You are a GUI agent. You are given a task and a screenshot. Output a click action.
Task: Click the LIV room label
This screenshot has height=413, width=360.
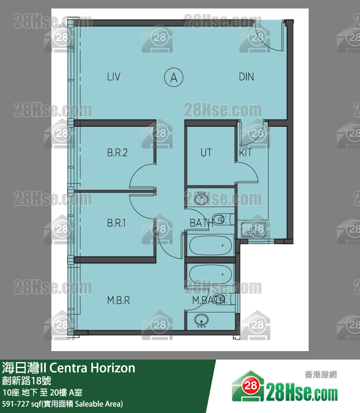[x=114, y=77]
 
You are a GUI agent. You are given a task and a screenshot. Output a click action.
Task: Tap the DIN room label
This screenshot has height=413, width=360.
[x=246, y=77]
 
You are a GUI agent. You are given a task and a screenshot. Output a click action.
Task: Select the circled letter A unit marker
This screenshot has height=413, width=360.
[x=174, y=78]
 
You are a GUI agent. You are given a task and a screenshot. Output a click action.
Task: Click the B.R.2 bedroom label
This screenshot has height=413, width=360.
[x=117, y=153]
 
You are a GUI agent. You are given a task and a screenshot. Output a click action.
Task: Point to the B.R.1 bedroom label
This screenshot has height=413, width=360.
[x=116, y=223]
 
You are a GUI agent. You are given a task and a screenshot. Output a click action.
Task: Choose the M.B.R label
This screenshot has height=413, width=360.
[x=118, y=300]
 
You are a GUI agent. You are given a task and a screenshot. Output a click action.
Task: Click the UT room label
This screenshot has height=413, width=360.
[x=206, y=153]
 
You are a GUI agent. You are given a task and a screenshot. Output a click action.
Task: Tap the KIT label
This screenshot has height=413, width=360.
[x=245, y=153]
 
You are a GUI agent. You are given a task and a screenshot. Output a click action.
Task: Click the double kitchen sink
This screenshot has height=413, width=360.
[x=253, y=229]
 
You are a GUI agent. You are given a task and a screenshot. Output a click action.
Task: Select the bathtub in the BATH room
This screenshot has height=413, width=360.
[x=211, y=246]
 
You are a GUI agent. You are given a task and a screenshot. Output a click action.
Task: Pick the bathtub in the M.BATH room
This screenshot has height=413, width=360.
[x=211, y=274]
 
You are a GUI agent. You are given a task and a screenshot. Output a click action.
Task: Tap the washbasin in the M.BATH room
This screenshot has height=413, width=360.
[x=202, y=320]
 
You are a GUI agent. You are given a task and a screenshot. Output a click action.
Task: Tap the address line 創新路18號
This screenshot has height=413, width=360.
[x=27, y=381]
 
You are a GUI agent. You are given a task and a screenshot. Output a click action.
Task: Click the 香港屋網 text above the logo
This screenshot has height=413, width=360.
[x=321, y=374]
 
